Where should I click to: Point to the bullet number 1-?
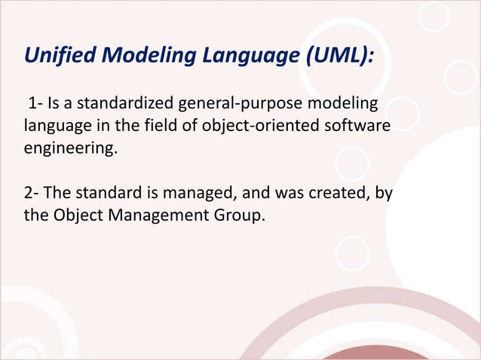pyautogui.click(x=35, y=102)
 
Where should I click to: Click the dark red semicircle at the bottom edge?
pyautogui.click(x=370, y=354)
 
